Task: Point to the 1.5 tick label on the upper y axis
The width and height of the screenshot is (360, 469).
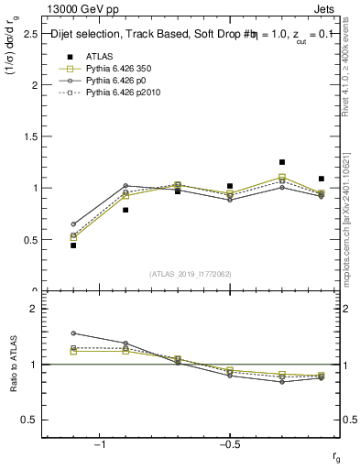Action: pos(29,136)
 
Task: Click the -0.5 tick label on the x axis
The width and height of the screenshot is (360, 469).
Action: pos(228,444)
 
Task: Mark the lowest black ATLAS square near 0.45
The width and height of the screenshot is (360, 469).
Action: pos(73,245)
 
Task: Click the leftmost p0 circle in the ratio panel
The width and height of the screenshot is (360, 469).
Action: pos(73,333)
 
